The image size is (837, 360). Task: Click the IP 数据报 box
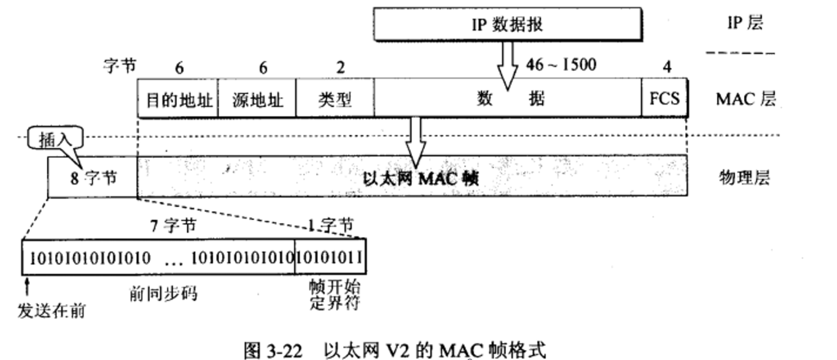[x=507, y=24]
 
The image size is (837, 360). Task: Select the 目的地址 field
[x=178, y=100]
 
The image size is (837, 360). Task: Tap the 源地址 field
[x=257, y=100]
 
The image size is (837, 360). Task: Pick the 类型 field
[x=335, y=100]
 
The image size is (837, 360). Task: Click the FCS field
[x=664, y=98]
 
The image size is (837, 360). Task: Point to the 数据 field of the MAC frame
[x=510, y=99]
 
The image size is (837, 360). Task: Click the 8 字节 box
[x=93, y=177]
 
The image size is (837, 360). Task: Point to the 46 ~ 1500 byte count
[x=560, y=65]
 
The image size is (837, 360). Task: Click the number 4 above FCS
[x=666, y=67]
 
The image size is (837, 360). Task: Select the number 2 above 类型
[x=340, y=67]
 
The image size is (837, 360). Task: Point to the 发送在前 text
[x=52, y=311]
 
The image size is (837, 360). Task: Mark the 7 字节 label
[x=173, y=226]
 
